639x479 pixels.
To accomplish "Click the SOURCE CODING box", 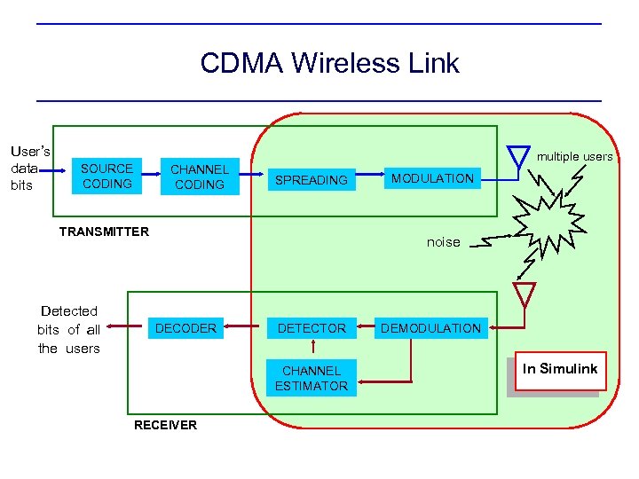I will pos(106,176).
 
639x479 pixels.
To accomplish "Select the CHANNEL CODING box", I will pos(200,177).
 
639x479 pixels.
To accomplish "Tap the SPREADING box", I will pos(311,180).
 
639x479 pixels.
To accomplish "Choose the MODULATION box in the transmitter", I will pos(433,178).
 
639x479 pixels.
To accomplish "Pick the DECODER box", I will pos(185,328).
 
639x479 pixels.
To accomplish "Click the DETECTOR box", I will pos(312,328).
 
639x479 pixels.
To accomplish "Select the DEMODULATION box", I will pos(430,328).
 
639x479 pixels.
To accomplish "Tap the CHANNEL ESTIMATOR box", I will pos(311,378).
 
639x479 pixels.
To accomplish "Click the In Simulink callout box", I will pos(560,370).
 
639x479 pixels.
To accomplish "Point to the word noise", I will pos(444,242).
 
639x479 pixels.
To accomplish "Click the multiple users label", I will pos(574,157).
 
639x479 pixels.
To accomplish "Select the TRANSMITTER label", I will pos(104,232).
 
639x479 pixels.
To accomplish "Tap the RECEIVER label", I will pos(165,425).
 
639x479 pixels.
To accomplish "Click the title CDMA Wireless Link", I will pos(329,63).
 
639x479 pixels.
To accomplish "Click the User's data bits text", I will pos(29,169).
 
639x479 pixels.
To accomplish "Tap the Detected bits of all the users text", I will pos(69,329).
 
